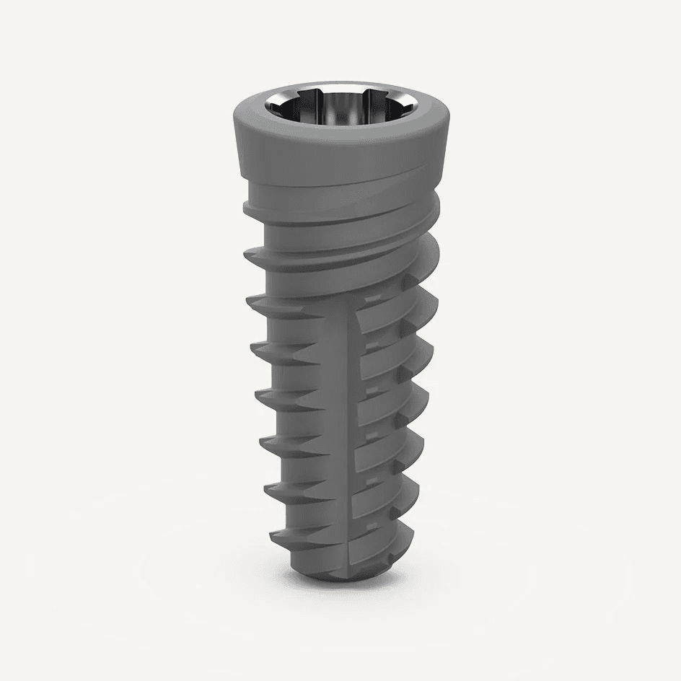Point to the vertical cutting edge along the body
pyautogui.click(x=352, y=433)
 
